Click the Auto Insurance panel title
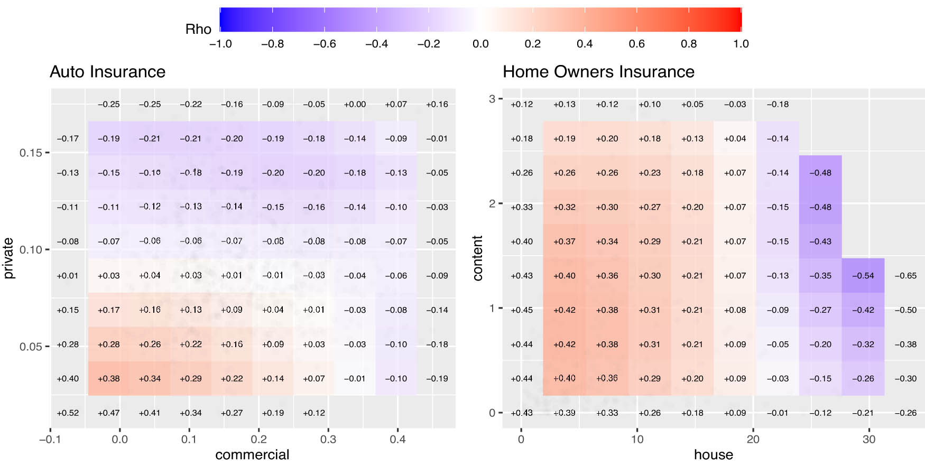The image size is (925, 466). pyautogui.click(x=107, y=72)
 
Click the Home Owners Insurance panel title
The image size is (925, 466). pyautogui.click(x=598, y=72)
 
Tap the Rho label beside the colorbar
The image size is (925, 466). pyautogui.click(x=198, y=30)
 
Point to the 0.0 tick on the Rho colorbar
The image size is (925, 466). pyautogui.click(x=480, y=44)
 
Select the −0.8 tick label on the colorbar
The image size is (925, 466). pyautogui.click(x=272, y=44)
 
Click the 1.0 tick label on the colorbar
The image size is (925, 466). pyautogui.click(x=741, y=44)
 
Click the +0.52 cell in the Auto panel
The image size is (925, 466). pyautogui.click(x=68, y=413)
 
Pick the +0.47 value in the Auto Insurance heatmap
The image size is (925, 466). pyautogui.click(x=108, y=413)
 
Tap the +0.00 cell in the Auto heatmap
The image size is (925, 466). pyautogui.click(x=355, y=105)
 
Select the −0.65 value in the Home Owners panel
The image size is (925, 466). pyautogui.click(x=905, y=276)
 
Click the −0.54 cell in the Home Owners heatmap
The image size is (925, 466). pyautogui.click(x=863, y=276)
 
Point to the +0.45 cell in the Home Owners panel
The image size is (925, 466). pyautogui.click(x=522, y=310)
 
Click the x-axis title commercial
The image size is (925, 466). pyautogui.click(x=252, y=455)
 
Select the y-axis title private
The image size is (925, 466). pyautogui.click(x=8, y=258)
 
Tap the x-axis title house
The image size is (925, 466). pyautogui.click(x=713, y=455)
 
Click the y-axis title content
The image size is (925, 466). pyautogui.click(x=478, y=258)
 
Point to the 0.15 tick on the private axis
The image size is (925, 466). pyautogui.click(x=31, y=153)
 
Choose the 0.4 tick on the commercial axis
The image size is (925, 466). pyautogui.click(x=397, y=440)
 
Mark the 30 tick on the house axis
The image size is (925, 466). pyautogui.click(x=869, y=440)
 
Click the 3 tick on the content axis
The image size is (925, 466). pyautogui.click(x=492, y=99)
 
